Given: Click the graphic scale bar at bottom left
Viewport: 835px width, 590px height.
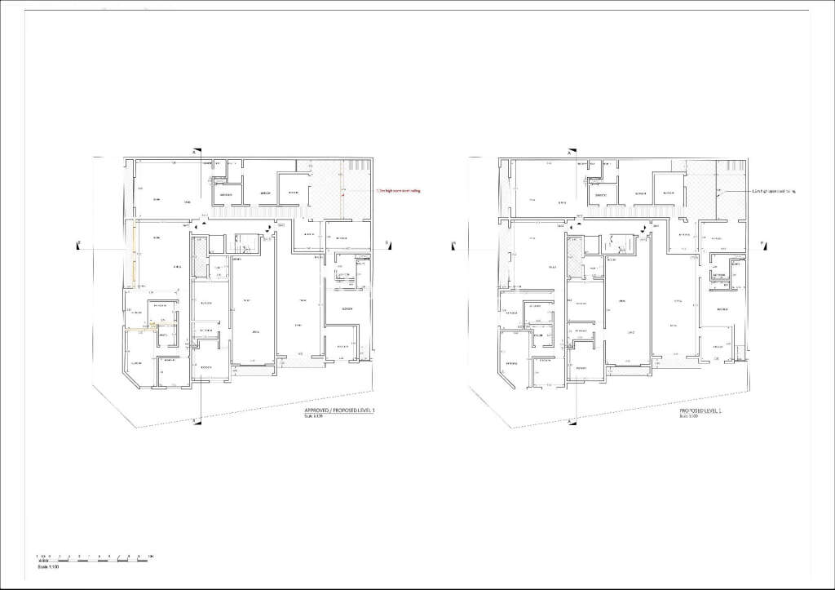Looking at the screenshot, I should click(x=93, y=557).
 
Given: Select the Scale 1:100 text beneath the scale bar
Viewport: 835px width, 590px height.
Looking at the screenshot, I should click(x=48, y=567).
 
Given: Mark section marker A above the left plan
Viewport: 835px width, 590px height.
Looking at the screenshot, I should click(x=193, y=153).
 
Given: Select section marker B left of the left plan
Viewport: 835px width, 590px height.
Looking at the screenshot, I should click(x=79, y=242).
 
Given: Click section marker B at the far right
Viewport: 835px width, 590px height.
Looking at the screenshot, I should click(x=761, y=243).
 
